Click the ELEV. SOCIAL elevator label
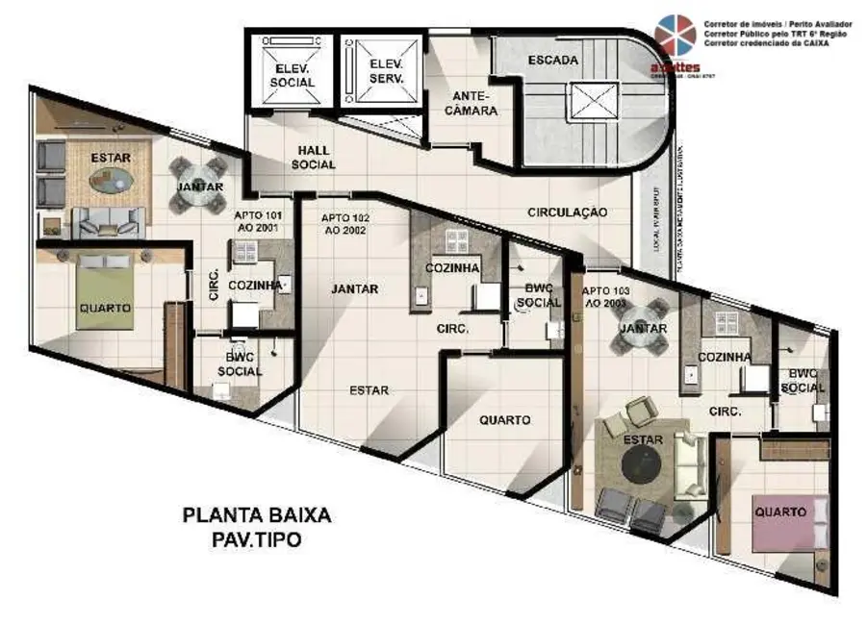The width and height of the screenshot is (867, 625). tap(293, 76)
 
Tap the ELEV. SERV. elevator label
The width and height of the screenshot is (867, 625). tap(386, 70)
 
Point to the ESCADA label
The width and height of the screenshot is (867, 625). tap(552, 61)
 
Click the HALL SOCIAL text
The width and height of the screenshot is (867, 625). tap(315, 158)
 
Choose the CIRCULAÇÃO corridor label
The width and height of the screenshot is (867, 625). tap(568, 212)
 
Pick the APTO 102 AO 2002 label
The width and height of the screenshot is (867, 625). tap(347, 224)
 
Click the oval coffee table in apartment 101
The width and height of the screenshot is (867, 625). tap(113, 180)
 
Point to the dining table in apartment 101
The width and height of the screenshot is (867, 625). tap(200, 186)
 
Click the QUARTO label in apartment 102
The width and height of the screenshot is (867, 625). tap(505, 420)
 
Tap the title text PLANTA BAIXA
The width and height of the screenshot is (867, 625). tap(257, 515)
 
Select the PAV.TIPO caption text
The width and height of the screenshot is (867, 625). tap(256, 540)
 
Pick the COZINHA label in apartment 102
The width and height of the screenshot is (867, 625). tap(452, 269)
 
